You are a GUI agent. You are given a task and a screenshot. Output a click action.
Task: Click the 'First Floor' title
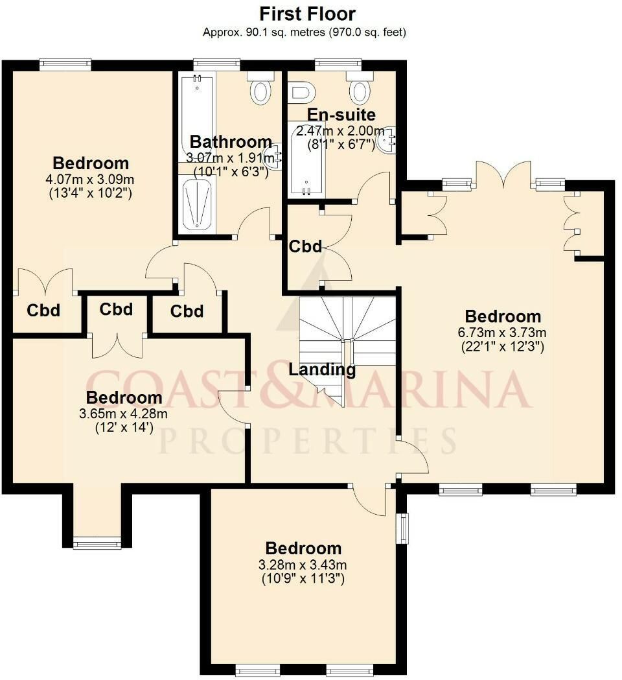(x=307, y=14)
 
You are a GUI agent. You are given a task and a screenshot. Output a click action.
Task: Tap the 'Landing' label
(x=322, y=369)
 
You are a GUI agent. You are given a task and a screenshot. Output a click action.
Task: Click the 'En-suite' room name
(x=341, y=115)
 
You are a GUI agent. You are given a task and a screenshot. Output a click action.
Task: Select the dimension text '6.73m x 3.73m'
(x=502, y=333)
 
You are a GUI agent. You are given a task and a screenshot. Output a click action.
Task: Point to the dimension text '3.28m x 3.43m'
(x=303, y=565)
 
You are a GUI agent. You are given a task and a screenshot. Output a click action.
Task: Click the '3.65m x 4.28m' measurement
(x=123, y=414)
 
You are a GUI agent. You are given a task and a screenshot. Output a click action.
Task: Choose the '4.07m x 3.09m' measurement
(x=89, y=179)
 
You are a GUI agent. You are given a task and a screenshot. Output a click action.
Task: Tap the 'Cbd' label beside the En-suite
(x=306, y=246)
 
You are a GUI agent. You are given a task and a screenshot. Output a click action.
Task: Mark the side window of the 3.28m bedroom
(x=404, y=528)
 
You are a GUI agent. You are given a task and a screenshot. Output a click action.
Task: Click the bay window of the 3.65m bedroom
(x=97, y=543)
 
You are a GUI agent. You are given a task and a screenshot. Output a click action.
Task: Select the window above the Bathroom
(x=216, y=65)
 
